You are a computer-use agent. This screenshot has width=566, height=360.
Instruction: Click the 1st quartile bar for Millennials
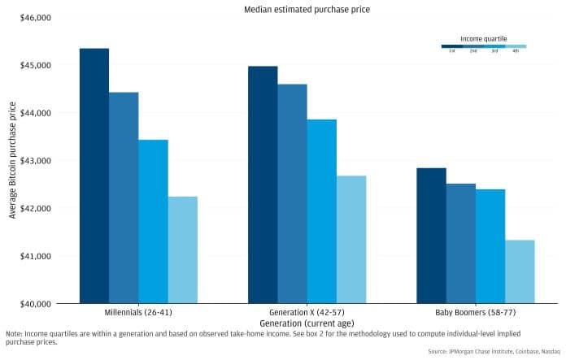point(94,176)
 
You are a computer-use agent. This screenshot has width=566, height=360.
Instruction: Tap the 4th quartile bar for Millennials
point(182,249)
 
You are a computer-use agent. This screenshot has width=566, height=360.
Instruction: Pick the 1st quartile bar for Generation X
point(263,184)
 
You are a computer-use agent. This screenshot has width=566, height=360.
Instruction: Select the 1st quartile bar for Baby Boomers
point(431,236)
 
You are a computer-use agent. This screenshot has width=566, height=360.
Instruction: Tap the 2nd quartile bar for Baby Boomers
point(460,244)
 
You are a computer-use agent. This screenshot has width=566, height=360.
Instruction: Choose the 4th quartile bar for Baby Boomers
point(520,271)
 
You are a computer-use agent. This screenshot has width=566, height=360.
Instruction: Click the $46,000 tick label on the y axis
point(35,17)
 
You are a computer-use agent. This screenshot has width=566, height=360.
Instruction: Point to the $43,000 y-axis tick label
point(35,160)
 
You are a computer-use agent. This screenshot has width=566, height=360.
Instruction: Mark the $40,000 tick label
point(35,304)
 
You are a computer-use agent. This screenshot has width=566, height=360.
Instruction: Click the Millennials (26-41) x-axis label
point(138,312)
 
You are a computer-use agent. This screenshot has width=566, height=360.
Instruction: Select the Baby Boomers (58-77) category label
point(475,312)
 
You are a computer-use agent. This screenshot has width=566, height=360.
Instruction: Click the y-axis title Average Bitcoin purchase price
point(11,160)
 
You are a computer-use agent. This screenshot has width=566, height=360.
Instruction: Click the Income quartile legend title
point(484,37)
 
